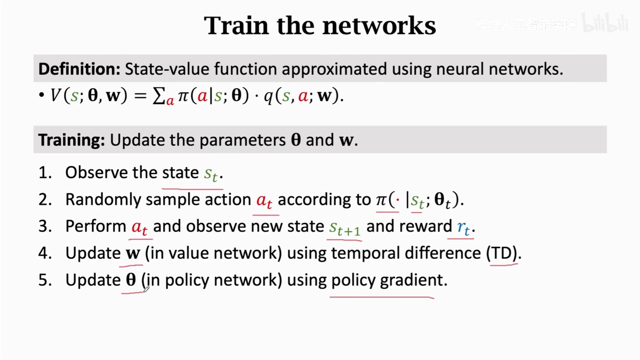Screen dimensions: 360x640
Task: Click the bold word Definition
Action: (79, 69)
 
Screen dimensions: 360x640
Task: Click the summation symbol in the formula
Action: (159, 96)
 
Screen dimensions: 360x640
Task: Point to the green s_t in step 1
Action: (211, 173)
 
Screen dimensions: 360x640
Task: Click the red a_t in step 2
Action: (264, 200)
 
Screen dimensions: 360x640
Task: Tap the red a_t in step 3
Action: (139, 227)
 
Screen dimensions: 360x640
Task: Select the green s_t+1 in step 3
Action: (344, 227)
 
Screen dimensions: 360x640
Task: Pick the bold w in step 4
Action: (132, 253)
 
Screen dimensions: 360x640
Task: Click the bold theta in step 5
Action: (130, 279)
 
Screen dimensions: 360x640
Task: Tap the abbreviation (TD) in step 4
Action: (504, 253)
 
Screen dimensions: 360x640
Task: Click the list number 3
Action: (45, 226)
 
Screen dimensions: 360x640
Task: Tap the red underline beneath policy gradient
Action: (382, 297)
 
